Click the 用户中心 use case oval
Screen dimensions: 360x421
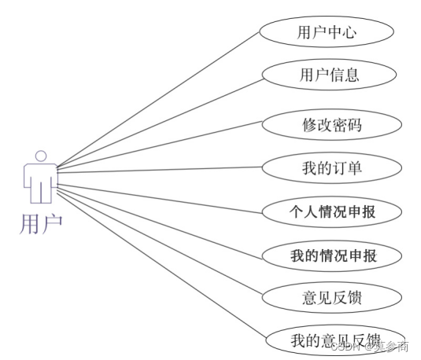[327, 32]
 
